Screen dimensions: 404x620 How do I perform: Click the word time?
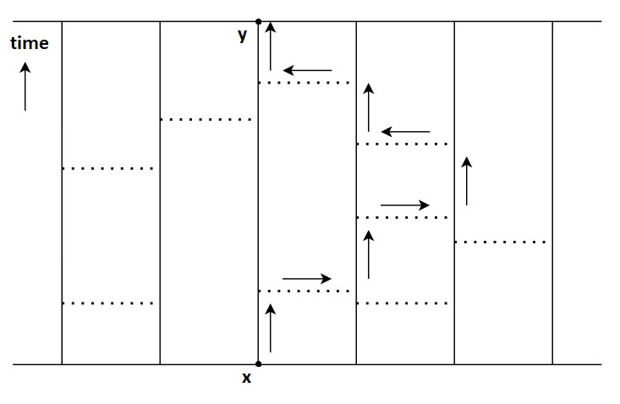click(30, 43)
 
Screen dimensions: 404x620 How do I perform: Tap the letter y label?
click(243, 35)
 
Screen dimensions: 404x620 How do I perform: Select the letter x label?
click(246, 379)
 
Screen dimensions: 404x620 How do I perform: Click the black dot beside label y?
click(258, 21)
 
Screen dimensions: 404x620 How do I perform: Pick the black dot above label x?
click(258, 364)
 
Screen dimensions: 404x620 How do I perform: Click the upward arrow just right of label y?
click(271, 46)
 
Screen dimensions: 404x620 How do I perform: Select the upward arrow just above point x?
click(271, 330)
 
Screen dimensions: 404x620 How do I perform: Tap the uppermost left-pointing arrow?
click(307, 70)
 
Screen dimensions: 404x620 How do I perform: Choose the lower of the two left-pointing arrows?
click(405, 132)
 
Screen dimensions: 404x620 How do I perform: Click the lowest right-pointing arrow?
click(307, 278)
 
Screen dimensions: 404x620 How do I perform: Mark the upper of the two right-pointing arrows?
click(405, 205)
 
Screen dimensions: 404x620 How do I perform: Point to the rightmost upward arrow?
click(467, 181)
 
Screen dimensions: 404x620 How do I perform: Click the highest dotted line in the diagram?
click(304, 83)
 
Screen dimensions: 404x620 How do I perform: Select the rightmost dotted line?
click(501, 243)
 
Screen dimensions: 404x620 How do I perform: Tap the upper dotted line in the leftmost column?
click(108, 169)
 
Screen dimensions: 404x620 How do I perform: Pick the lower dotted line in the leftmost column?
click(108, 303)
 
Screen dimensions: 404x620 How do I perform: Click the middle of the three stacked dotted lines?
click(403, 218)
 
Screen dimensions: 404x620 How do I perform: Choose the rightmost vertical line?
click(552, 193)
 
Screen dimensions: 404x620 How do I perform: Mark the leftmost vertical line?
click(62, 193)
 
